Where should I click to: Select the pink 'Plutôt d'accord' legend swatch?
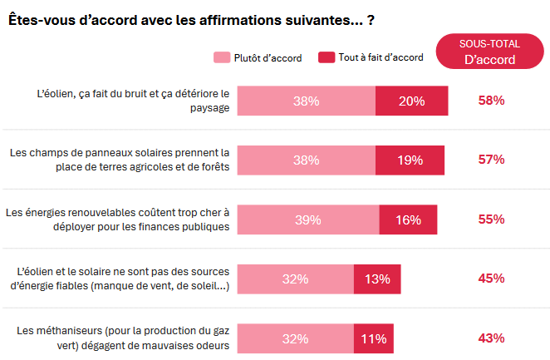(x=222, y=57)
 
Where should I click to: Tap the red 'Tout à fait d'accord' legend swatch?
(x=327, y=57)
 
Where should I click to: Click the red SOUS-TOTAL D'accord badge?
(x=489, y=52)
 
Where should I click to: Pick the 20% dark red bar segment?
(x=412, y=101)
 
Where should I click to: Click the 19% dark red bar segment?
(x=410, y=160)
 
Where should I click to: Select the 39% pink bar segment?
(x=308, y=219)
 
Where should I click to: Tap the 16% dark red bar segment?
(x=409, y=219)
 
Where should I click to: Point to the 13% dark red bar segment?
(x=377, y=279)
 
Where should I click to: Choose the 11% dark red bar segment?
(x=374, y=338)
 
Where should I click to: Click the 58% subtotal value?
(x=492, y=101)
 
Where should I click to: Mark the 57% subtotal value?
(x=492, y=160)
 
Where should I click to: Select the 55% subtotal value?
(x=492, y=219)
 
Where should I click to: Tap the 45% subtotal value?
(x=492, y=279)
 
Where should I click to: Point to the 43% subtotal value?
(x=492, y=338)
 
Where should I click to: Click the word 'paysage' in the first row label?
(x=209, y=107)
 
